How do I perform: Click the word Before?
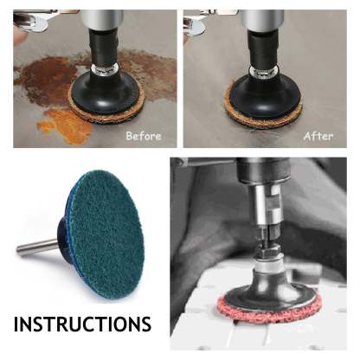(144, 136)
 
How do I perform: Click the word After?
(318, 136)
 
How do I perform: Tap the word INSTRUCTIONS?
(82, 324)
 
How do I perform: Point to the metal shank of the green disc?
(37, 247)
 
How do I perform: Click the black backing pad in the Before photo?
(106, 92)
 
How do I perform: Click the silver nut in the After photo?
(263, 72)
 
